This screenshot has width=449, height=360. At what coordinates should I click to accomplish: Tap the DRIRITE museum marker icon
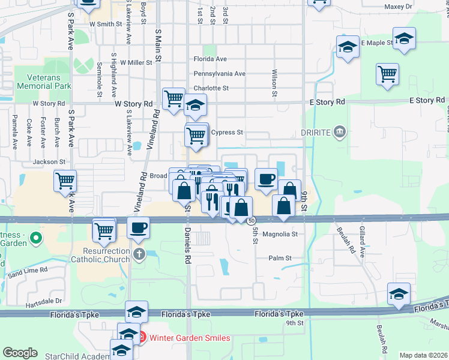tap(340, 131)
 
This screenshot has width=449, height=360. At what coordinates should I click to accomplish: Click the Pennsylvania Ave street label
tap(219, 74)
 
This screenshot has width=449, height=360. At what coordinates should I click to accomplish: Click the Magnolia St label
tap(280, 234)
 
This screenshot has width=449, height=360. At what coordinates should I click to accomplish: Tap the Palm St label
tap(280, 258)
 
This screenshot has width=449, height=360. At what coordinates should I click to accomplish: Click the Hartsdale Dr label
tap(44, 301)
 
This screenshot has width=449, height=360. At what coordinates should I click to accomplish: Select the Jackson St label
tap(49, 162)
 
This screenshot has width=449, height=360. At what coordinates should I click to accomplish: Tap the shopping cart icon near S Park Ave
tap(65, 180)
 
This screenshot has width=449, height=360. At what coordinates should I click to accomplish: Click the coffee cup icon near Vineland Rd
tap(139, 227)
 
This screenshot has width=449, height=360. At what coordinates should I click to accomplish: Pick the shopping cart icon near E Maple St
tap(388, 74)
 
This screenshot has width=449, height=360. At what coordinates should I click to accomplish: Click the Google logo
tap(20, 353)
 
